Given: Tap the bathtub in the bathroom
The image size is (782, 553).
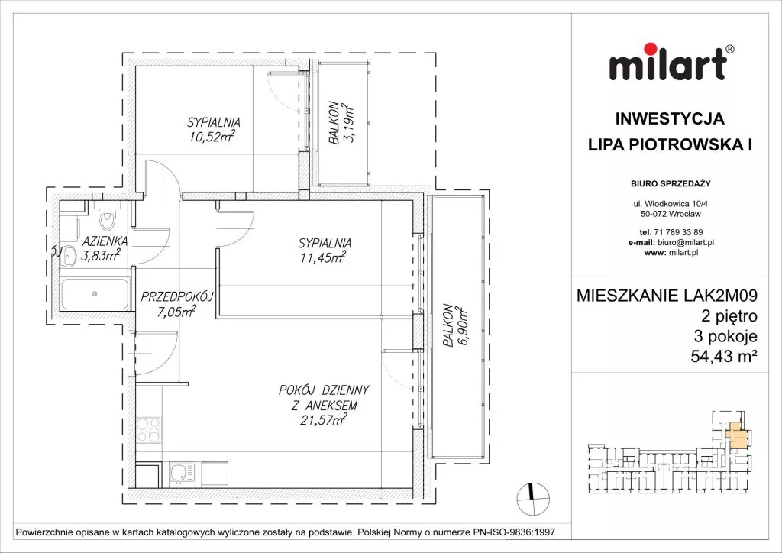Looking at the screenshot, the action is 95,294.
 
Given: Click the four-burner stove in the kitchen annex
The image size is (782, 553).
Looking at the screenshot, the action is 149,430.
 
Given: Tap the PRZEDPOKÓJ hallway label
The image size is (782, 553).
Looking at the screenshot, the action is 177,297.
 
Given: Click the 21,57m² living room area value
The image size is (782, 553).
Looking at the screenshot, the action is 323,420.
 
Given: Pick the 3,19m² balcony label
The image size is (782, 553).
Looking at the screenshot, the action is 341,123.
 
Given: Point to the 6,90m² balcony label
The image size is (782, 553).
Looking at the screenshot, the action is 455,325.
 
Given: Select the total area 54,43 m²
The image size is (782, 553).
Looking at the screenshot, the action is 724,356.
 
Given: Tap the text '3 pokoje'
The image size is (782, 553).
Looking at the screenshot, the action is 725,336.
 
